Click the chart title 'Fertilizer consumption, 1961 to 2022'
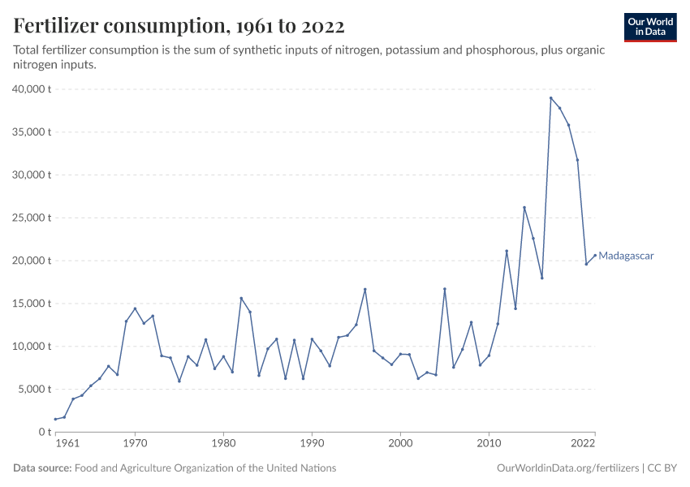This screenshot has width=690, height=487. click(x=179, y=26)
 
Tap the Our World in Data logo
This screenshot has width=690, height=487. click(x=650, y=28)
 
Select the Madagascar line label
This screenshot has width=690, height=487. click(x=626, y=256)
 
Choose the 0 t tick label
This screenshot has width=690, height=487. click(x=45, y=433)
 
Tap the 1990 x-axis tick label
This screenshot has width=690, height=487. click(x=312, y=444)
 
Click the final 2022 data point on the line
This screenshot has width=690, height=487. click(x=595, y=255)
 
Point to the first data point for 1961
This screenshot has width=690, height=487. click(x=55, y=420)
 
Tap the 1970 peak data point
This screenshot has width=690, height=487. click(x=135, y=308)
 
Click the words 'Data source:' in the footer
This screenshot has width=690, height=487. click(x=42, y=468)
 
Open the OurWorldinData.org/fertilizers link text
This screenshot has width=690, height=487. click(x=567, y=468)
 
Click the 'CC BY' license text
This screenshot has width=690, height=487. click(x=662, y=468)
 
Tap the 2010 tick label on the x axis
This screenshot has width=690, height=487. click(x=489, y=444)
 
